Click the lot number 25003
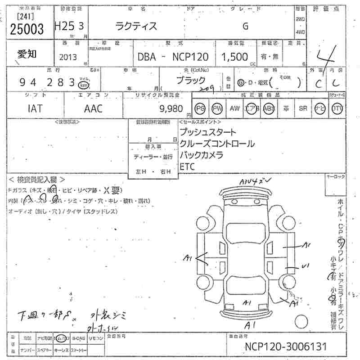[x=27, y=29]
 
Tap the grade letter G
[x=245, y=26]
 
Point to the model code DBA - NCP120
[x=173, y=57]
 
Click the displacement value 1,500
[x=234, y=57]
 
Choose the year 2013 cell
[x=68, y=57]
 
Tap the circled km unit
[x=83, y=84]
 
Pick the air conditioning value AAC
[x=93, y=108]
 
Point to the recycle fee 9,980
[x=171, y=108]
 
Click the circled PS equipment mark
[x=200, y=108]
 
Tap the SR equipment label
[x=303, y=108]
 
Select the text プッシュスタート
[x=207, y=133]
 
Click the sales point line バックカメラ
[x=201, y=155]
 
